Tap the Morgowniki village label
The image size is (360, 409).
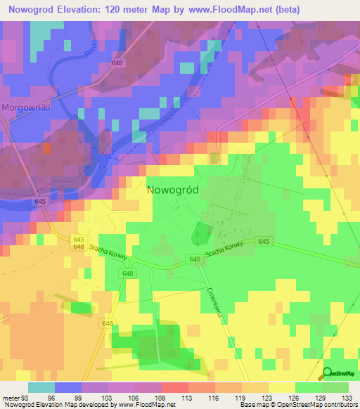(26, 108)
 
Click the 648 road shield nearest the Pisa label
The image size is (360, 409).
(117, 63)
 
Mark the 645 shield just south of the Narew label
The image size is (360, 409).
(41, 202)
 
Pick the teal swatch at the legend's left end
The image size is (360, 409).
(41, 387)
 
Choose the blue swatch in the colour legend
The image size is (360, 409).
(68, 387)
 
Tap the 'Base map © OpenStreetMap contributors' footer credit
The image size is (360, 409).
(297, 405)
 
